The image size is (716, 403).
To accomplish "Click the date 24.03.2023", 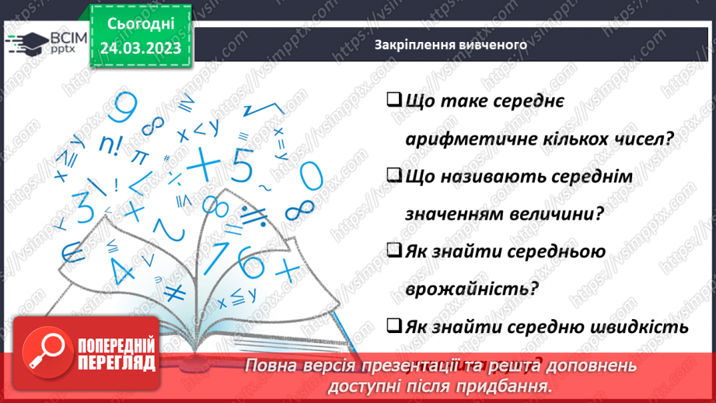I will click(140, 47).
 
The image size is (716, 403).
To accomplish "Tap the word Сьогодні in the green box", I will click(140, 24).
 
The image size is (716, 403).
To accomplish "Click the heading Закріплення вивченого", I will click(450, 44).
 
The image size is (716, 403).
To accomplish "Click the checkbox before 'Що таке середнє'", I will click(393, 100).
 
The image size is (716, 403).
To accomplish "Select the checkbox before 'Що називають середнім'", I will click(393, 176).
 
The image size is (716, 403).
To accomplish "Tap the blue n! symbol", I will click(112, 144).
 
